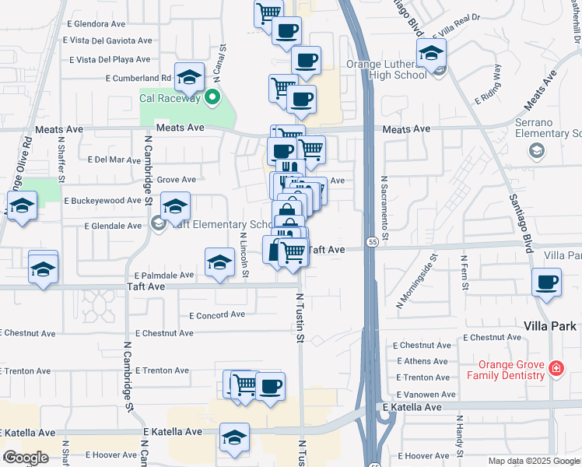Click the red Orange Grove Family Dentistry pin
(x=556, y=367)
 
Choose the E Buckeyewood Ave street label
(x=102, y=200)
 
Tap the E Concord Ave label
(x=217, y=315)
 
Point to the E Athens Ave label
(x=422, y=361)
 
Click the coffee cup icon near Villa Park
(x=547, y=282)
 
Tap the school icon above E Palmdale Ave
(x=220, y=262)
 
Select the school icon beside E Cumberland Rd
(x=189, y=76)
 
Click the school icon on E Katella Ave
(x=234, y=437)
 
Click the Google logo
(x=25, y=458)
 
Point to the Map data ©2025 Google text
(x=535, y=461)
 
